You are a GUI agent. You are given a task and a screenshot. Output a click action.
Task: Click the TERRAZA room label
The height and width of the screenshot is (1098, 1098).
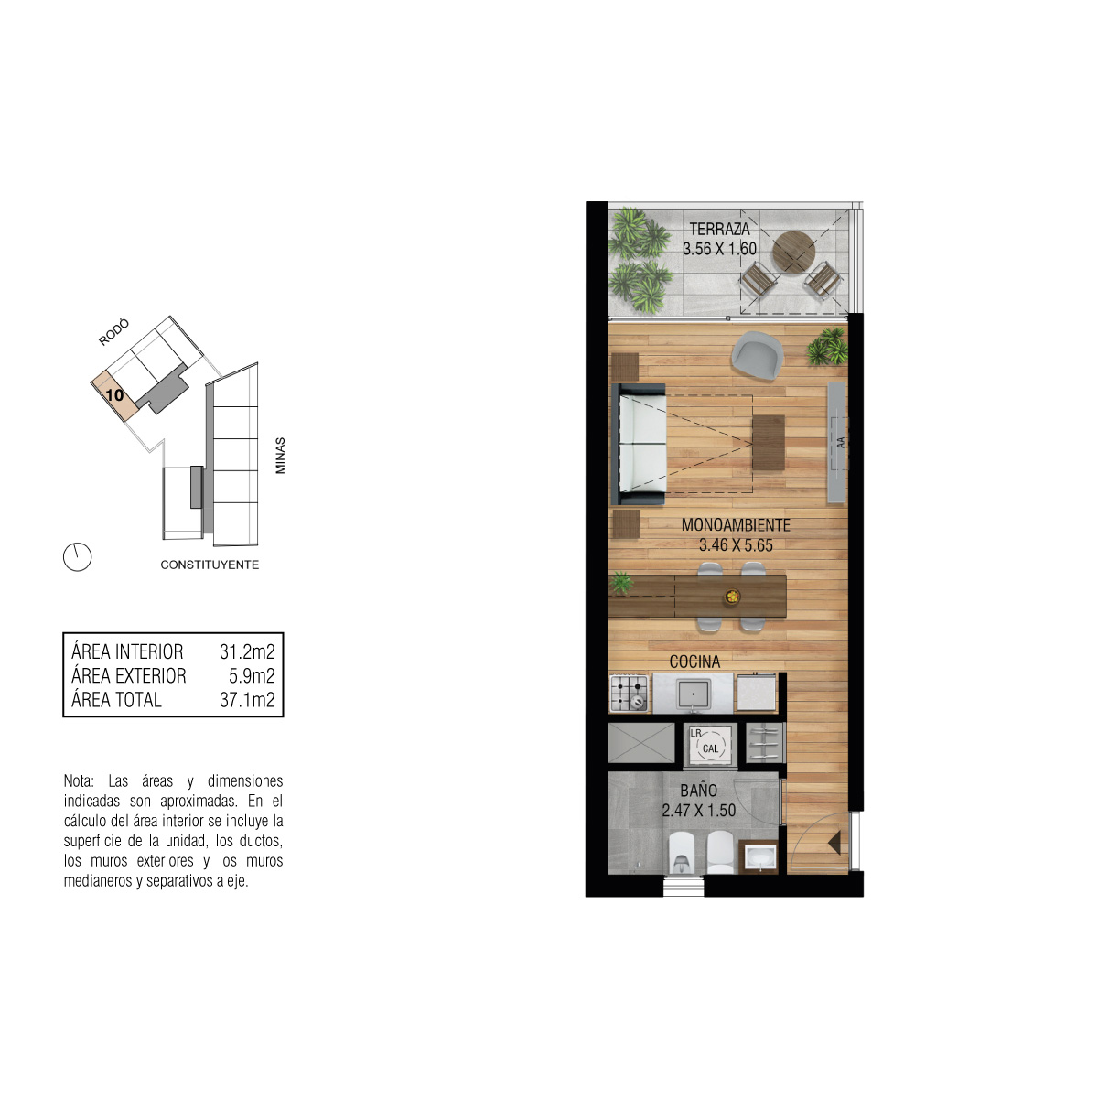[719, 229]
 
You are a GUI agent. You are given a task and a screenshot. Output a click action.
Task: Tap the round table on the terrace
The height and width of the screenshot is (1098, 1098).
[792, 252]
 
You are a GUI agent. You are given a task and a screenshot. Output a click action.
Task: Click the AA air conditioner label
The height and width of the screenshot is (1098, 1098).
[841, 442]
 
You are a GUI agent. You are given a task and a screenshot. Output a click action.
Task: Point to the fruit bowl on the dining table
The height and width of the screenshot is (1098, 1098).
[732, 597]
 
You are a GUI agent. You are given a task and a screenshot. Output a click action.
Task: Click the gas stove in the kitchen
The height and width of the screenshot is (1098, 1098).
[629, 693]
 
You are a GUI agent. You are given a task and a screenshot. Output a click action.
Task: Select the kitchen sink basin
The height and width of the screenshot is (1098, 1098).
[693, 694]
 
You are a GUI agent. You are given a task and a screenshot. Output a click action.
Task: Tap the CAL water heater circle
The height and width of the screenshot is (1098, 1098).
[710, 748]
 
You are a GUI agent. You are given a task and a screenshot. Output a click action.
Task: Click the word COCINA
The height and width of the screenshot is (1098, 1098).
[694, 662]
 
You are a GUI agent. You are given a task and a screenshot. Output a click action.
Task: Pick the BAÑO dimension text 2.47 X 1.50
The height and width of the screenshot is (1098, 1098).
[698, 811]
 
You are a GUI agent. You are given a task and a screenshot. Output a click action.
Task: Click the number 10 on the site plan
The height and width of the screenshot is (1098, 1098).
[114, 395]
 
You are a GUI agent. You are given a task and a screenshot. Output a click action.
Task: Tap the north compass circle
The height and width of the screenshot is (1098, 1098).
[77, 556]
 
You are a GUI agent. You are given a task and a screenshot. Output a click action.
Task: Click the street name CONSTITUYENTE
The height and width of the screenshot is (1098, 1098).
[210, 565]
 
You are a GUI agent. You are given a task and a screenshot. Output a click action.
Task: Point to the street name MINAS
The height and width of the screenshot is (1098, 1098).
[280, 456]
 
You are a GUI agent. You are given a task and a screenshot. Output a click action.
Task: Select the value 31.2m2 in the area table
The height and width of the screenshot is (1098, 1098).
[247, 651]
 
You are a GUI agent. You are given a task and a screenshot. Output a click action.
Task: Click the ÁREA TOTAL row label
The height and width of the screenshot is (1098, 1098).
[116, 700]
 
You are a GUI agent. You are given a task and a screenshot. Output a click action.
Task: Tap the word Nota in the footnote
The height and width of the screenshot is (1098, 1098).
[79, 780]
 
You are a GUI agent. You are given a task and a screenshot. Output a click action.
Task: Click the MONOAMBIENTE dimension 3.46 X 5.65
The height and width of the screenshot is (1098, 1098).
[736, 545]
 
